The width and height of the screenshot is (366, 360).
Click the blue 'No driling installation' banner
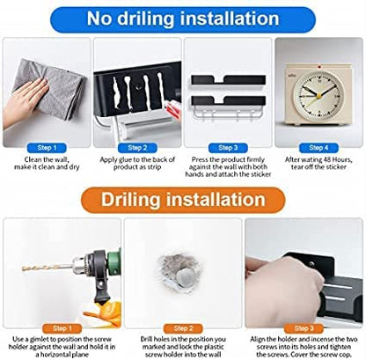183,19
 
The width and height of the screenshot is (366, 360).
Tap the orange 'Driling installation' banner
183,200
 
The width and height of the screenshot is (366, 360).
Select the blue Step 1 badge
47,148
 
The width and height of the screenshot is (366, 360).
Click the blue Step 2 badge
137,148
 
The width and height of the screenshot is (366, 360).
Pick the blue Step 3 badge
228,148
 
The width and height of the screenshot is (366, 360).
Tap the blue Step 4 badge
318,148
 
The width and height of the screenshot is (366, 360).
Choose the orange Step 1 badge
62,328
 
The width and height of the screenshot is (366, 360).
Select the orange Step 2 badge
183,328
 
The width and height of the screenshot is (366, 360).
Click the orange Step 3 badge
304,328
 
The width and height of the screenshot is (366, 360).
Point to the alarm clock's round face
318,95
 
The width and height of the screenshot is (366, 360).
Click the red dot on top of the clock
318,66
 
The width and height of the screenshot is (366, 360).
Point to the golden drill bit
48,268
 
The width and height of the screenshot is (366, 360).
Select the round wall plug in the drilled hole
186,277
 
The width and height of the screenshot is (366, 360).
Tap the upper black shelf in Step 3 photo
229,80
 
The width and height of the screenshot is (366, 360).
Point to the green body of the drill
113,262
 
